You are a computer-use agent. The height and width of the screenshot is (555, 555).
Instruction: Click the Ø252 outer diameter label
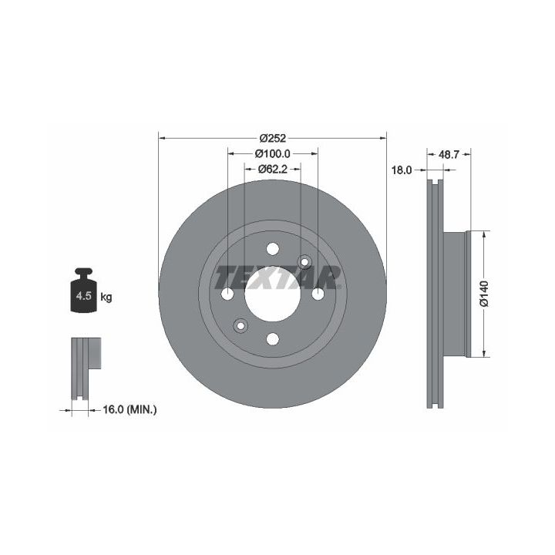pos(272,138)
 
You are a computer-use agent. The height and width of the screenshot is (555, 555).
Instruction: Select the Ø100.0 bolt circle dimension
pos(272,153)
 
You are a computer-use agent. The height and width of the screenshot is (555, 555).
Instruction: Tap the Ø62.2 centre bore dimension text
pos(272,169)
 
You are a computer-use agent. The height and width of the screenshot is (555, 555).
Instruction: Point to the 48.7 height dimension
pos(449,154)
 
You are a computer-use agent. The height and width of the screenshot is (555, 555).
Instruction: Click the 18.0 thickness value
pos(402,170)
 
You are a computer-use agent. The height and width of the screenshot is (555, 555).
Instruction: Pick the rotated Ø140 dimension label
pos(484,294)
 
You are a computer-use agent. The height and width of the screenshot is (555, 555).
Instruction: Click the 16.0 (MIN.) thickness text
pos(129,410)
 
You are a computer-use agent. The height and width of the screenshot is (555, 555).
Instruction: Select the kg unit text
pos(106,297)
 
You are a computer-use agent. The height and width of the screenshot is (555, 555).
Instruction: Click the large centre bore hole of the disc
pos(273,294)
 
